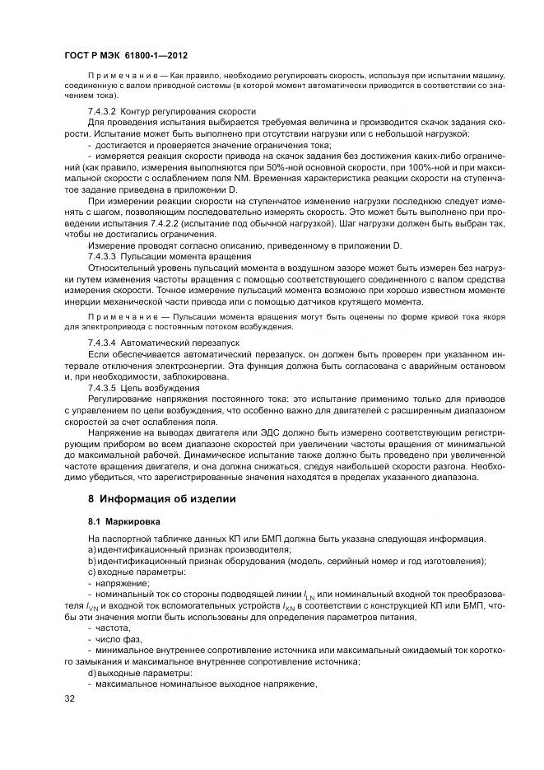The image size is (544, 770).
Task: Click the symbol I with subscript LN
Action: tap(309, 595)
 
